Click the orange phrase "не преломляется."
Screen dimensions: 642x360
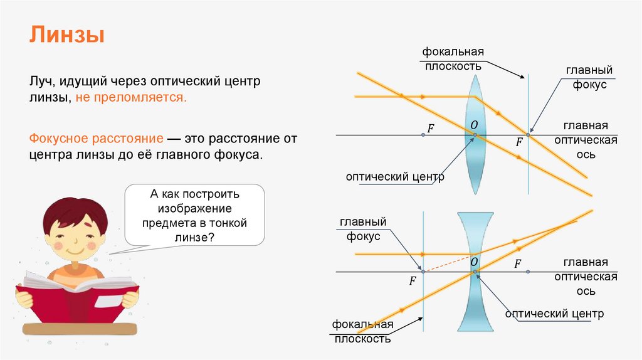(131, 98)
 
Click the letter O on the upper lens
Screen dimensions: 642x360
(475, 125)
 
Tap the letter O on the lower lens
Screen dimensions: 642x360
(474, 262)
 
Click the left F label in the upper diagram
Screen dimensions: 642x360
(430, 128)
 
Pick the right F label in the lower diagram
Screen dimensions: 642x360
(518, 264)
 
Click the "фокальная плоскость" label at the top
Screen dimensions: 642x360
(453, 58)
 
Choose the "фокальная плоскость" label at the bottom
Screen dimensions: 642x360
(362, 332)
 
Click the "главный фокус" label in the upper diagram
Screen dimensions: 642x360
(589, 78)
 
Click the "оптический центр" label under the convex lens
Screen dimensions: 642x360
(395, 177)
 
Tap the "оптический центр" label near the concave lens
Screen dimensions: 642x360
(554, 314)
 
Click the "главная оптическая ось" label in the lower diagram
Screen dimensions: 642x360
(590, 277)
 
